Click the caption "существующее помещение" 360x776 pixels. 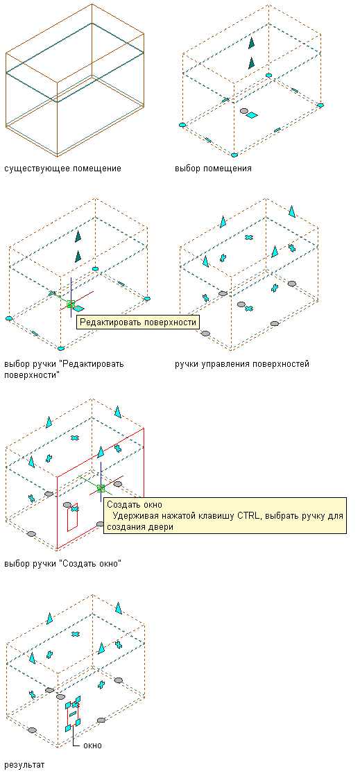(x=62, y=169)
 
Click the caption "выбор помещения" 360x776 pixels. (x=213, y=169)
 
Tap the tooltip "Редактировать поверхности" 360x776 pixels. (x=137, y=322)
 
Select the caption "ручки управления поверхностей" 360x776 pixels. (x=242, y=364)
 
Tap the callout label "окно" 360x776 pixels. (x=92, y=745)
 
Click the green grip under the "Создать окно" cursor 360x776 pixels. (x=101, y=488)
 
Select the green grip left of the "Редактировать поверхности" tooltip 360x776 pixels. (x=71, y=304)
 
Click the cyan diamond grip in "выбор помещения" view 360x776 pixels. (x=252, y=115)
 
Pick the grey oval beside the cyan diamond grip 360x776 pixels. (x=243, y=112)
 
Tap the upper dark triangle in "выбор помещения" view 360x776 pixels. (x=252, y=43)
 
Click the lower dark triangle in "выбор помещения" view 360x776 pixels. (x=252, y=63)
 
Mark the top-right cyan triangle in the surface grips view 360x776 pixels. (x=292, y=212)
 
